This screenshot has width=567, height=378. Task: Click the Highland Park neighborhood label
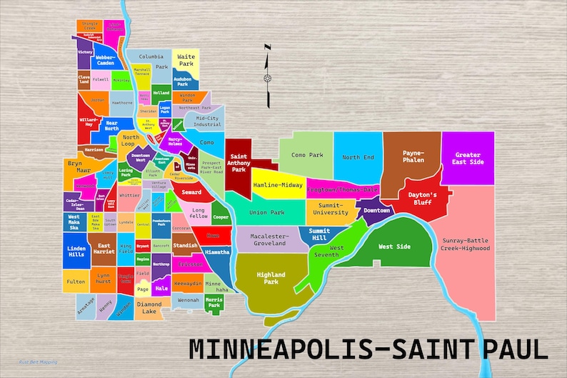click(271, 278)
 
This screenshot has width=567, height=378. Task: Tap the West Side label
click(395, 247)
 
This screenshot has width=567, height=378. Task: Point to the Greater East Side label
click(468, 158)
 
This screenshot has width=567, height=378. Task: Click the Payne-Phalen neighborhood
click(413, 156)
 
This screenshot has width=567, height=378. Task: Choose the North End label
click(357, 157)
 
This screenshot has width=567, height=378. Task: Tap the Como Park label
click(307, 154)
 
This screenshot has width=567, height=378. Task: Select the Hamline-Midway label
click(278, 185)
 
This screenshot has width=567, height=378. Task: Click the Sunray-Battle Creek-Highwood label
click(465, 244)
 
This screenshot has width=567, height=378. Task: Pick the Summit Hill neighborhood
click(319, 234)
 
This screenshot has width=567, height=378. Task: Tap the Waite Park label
click(186, 59)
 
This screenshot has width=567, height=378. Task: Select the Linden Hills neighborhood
click(76, 252)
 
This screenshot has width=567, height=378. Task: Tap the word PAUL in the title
click(514, 349)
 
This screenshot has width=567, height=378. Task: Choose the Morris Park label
click(214, 302)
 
